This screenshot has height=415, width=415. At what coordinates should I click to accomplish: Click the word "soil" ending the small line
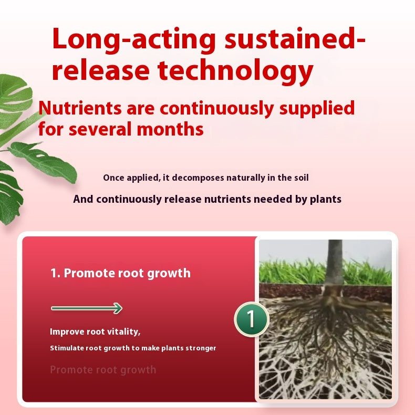(x=301, y=178)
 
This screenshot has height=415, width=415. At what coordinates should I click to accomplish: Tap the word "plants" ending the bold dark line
(x=326, y=199)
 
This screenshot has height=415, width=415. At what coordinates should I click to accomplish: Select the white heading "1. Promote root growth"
(x=120, y=273)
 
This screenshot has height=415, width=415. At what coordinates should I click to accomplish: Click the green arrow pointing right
(x=87, y=308)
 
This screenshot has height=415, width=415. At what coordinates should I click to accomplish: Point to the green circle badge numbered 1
(x=251, y=319)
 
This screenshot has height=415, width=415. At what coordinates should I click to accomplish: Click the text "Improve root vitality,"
(x=95, y=331)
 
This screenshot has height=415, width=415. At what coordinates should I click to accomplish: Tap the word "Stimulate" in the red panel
(x=66, y=348)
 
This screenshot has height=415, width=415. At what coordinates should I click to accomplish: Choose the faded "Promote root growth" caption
(x=103, y=370)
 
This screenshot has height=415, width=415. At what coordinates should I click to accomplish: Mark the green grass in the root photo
(x=289, y=272)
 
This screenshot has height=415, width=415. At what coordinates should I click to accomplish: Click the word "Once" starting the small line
(x=113, y=178)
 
